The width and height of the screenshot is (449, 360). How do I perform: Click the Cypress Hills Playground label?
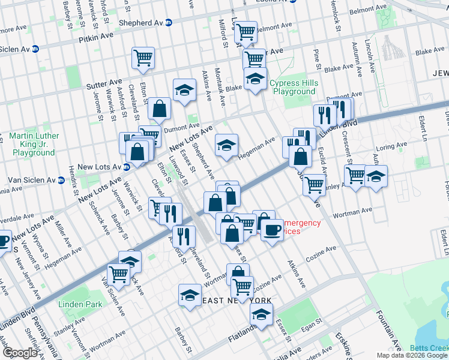coord(292,87)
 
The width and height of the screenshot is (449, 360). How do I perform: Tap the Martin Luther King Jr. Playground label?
coord(34,144)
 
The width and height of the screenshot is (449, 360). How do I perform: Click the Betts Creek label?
coord(429,348)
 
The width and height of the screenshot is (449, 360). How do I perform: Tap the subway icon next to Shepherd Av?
coord(169,23)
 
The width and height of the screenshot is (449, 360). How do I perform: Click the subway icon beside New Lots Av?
coord(127,167)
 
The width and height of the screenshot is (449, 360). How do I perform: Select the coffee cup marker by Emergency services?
coord(272,229)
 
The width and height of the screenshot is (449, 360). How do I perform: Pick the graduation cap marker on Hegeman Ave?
coord(226,146)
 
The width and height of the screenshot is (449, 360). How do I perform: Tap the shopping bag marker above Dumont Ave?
coord(160,109)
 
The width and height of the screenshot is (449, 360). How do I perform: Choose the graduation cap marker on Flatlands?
coord(261,314)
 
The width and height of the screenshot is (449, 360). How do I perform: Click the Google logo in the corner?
coord(20,353)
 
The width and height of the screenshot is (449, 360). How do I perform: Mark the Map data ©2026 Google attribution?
coord(412,355)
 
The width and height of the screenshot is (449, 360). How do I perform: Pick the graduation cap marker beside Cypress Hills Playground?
coord(255,79)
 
